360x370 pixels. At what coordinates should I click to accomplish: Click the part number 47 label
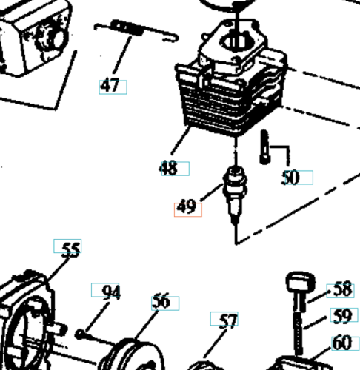(110, 85)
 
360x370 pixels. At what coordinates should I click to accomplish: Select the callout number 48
(168, 168)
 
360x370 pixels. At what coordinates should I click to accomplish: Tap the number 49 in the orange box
(187, 206)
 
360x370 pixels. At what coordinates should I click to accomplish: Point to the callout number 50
(290, 178)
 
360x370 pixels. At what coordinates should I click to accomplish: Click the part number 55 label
(71, 250)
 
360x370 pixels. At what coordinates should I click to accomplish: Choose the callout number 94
(111, 292)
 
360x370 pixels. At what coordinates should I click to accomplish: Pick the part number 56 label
(161, 301)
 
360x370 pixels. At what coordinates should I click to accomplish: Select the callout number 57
(228, 321)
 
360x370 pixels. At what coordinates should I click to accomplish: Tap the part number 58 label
(342, 289)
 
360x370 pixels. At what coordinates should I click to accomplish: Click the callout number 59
(342, 316)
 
